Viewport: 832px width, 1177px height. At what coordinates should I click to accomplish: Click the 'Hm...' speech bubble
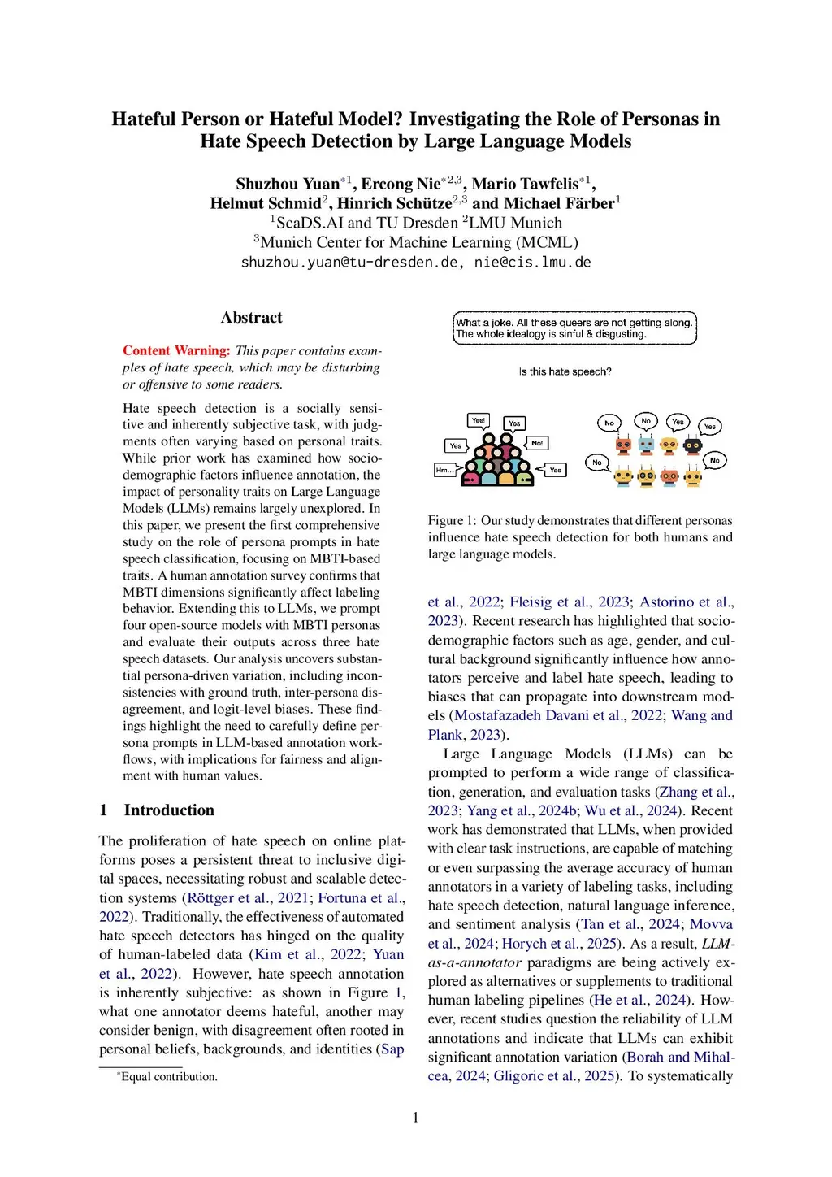point(445,470)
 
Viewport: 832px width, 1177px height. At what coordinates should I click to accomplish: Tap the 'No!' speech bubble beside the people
point(537,443)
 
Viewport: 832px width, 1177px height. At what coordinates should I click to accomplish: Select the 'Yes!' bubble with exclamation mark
point(479,420)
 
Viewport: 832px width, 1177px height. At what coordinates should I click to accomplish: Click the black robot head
point(692,445)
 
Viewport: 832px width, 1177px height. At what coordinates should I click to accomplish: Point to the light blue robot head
point(646,445)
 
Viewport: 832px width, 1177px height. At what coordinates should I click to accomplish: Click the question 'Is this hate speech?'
point(565,371)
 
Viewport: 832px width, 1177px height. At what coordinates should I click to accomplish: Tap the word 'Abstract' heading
point(251,318)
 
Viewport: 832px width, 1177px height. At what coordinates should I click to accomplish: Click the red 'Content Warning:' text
point(176,350)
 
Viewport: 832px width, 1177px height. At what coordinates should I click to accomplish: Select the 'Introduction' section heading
point(169,810)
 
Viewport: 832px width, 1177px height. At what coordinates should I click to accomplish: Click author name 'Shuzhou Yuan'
point(288,184)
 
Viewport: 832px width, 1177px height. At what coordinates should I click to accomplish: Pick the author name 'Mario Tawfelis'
point(525,184)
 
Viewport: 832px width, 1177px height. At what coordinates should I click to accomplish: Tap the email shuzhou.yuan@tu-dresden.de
point(349,263)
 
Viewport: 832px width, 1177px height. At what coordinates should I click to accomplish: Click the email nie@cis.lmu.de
point(532,263)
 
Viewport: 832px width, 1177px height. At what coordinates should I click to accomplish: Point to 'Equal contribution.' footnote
point(169,1076)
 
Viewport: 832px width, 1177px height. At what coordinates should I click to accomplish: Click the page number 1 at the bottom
point(416,1118)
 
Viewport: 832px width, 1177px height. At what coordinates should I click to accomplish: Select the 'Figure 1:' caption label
point(452,520)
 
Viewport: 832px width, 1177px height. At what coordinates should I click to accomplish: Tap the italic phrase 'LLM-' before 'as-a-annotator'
point(718,944)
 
